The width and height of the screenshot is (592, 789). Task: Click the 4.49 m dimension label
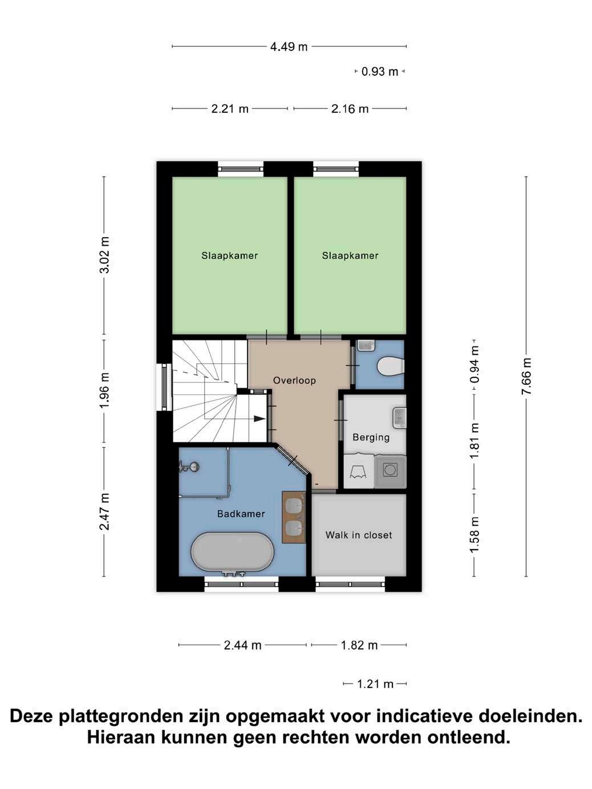click(289, 47)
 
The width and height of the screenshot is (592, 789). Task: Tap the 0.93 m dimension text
click(380, 72)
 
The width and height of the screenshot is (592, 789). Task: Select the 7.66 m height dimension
click(526, 376)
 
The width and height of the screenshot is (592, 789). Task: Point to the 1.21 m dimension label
click(375, 684)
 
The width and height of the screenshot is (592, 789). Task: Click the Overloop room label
click(294, 380)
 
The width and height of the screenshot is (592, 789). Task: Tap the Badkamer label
click(241, 514)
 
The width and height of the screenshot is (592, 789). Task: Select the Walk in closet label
click(359, 535)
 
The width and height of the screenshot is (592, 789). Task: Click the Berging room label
click(371, 437)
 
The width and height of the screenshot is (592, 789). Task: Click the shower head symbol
click(189, 466)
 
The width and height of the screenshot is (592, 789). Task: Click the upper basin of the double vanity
click(294, 506)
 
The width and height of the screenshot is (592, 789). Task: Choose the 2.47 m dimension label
click(104, 511)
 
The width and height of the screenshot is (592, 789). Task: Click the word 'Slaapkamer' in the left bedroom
click(230, 255)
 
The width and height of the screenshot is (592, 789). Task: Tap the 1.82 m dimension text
click(359, 645)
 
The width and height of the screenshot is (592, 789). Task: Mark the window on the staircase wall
click(164, 387)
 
